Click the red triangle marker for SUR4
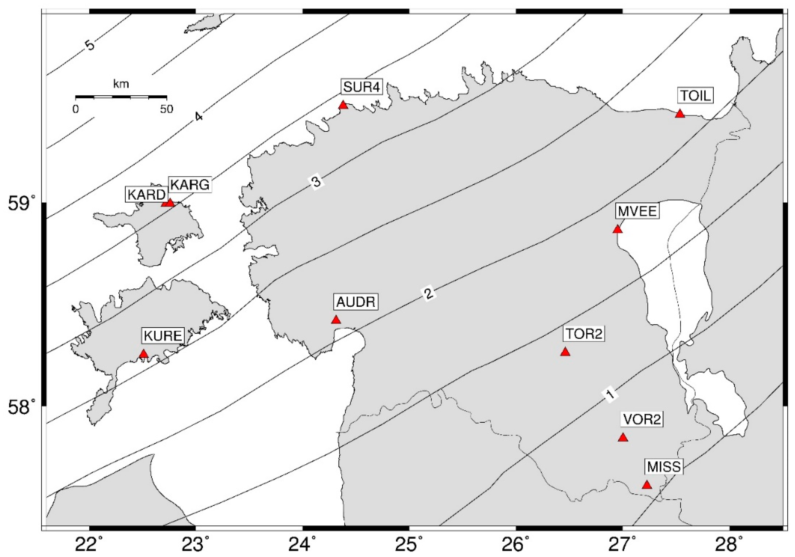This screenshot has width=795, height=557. click(x=343, y=105)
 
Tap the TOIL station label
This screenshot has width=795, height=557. click(x=695, y=96)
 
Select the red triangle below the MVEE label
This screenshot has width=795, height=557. click(x=617, y=229)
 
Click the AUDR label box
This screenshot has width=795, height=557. click(x=356, y=302)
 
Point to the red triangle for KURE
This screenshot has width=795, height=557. click(x=144, y=354)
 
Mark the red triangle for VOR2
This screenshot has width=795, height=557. click(x=623, y=437)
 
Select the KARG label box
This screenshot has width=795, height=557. click(x=190, y=185)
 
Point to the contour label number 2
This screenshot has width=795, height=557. click(x=428, y=294)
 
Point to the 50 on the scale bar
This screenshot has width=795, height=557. click(x=166, y=109)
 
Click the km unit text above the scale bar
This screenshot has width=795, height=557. click(x=121, y=84)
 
